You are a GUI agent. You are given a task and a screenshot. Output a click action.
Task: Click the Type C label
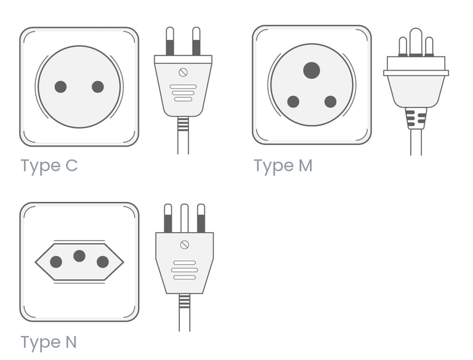tap(49, 166)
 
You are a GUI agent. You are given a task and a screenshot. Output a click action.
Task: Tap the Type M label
tap(283, 166)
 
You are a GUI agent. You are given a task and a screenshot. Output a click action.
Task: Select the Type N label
tap(49, 343)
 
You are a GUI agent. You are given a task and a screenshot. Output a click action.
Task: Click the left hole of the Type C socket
tap(60, 87)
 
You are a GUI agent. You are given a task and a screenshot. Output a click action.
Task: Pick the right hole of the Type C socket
tap(98, 87)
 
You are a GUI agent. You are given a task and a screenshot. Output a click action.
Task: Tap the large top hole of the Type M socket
tap(312, 71)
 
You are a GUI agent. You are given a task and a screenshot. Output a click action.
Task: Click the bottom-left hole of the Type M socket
tap(293, 102)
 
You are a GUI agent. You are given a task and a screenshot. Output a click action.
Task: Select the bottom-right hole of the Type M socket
tap(331, 102)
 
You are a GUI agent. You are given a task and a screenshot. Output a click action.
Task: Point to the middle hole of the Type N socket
tap(79, 256)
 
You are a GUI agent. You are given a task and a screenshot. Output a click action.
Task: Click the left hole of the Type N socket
tap(56, 262)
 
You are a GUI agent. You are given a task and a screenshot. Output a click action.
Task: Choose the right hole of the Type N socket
tap(103, 262)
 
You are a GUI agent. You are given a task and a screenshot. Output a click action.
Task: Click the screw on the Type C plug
tap(183, 73)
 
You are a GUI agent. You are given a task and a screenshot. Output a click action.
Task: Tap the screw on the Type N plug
tap(185, 244)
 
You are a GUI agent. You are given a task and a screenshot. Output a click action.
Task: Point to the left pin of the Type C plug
tap(170, 41)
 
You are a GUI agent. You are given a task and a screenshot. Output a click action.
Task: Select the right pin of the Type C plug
tap(196, 41)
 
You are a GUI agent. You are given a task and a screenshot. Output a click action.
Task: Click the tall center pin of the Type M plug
tap(416, 42)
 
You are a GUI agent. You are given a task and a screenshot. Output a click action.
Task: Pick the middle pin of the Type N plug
tap(185, 218)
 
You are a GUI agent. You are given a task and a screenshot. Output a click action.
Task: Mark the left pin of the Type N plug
tap(168, 218)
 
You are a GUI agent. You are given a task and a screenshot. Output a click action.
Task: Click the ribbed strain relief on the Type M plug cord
tap(416, 118)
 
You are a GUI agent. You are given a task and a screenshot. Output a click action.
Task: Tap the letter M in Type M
tap(305, 166)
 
